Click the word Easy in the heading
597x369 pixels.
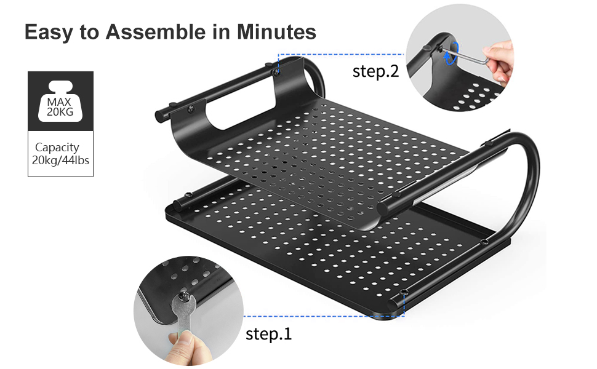pyautogui.click(x=49, y=32)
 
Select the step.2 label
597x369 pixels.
pyautogui.click(x=375, y=71)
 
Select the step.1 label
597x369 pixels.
pyautogui.click(x=269, y=334)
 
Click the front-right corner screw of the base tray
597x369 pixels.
pyautogui.click(x=403, y=292)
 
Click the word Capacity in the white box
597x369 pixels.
pyautogui.click(x=57, y=148)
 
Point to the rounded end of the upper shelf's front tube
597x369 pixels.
pyautogui.click(x=385, y=206)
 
